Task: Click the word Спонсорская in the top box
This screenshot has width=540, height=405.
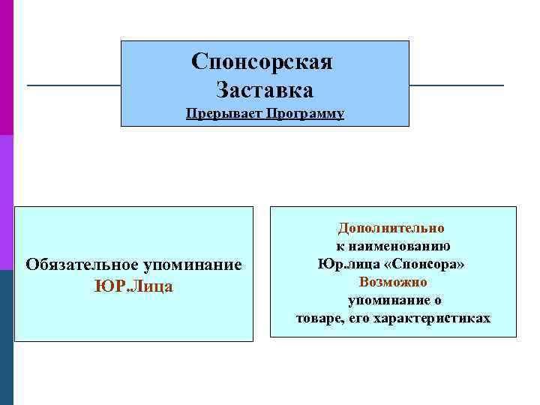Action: click(261, 61)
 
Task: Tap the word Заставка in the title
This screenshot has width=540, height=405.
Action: click(265, 90)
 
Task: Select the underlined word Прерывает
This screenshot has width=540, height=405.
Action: click(220, 114)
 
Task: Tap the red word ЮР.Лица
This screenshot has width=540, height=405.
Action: click(133, 286)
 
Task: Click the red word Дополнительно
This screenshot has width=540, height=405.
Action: click(391, 228)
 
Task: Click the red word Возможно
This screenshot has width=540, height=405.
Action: click(393, 282)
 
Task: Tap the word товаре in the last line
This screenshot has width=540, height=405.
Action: click(318, 318)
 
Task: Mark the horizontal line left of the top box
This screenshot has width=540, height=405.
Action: click(73, 85)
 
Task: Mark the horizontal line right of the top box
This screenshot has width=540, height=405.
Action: click(457, 85)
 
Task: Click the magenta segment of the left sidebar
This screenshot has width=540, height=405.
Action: click(7, 67)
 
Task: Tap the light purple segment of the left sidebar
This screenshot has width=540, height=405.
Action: click(7, 202)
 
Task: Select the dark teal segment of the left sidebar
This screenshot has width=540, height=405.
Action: click(7, 337)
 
